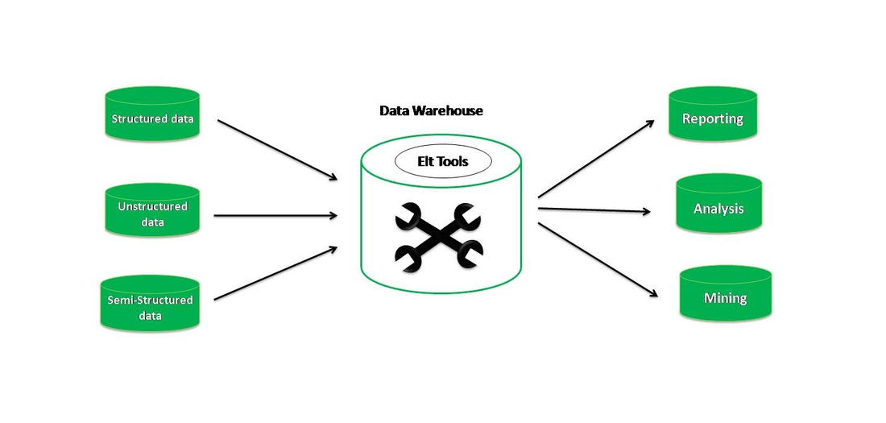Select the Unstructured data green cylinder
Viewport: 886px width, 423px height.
[152, 211]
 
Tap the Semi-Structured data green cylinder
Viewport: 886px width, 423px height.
[150, 305]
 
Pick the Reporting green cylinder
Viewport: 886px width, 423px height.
[713, 116]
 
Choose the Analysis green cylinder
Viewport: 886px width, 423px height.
[718, 206]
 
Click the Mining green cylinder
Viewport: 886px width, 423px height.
[725, 296]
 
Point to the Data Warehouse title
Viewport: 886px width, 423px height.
[431, 110]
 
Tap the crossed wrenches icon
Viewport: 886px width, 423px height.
[438, 234]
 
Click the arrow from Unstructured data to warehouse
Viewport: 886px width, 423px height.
[275, 215]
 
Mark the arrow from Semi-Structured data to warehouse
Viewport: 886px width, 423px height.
[275, 273]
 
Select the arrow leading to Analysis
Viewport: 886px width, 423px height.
[594, 210]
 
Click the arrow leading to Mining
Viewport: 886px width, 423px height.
[595, 258]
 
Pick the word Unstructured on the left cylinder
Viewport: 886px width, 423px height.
[152, 206]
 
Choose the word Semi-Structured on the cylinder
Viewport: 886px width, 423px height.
[150, 301]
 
